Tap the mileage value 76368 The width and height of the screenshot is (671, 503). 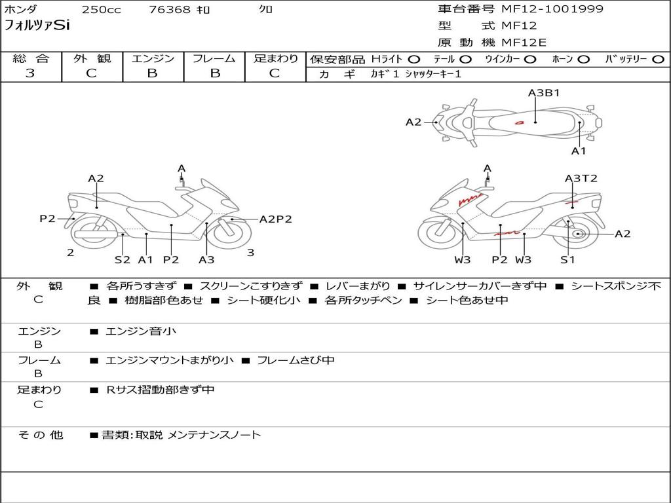click(170, 10)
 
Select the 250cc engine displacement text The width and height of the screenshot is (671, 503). click(101, 10)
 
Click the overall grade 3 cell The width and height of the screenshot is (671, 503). click(30, 73)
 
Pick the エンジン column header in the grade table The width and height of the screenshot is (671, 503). click(153, 58)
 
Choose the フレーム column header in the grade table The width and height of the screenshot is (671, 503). click(214, 58)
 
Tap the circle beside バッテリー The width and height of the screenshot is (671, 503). click(658, 60)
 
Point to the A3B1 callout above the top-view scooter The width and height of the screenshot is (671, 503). click(544, 93)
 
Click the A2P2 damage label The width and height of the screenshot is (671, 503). click(275, 219)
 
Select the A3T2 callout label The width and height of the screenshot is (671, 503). click(581, 178)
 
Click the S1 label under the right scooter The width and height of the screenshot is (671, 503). click(567, 259)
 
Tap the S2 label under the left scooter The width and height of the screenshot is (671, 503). click(123, 259)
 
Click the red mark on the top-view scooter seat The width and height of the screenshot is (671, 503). click(519, 122)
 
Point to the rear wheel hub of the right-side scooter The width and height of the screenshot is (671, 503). click(577, 234)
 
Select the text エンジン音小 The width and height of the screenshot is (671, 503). click(141, 331)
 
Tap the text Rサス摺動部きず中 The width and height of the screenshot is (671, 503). click(161, 390)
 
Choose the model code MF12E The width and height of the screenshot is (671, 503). click(524, 43)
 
